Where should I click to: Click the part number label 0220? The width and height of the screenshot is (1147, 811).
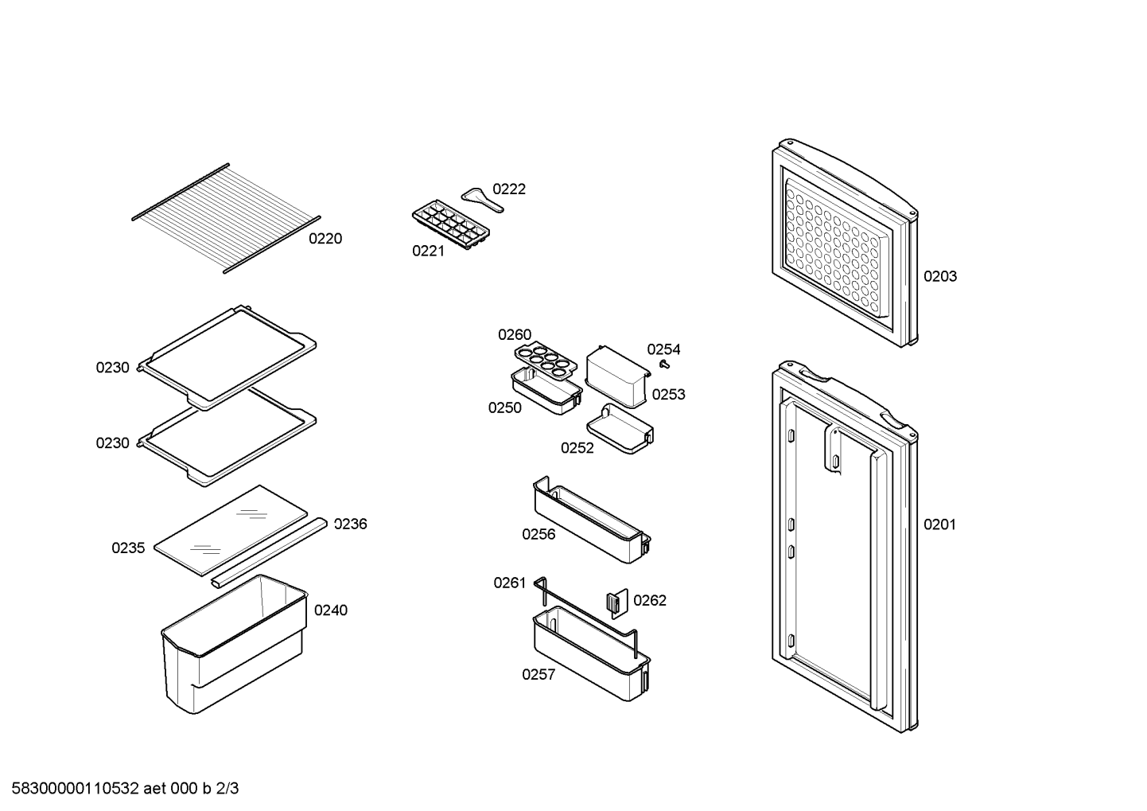click(325, 239)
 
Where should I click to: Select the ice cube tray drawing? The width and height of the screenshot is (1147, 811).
click(450, 224)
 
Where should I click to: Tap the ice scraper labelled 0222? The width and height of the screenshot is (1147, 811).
click(482, 200)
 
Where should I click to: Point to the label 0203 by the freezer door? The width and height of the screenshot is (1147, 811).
click(940, 277)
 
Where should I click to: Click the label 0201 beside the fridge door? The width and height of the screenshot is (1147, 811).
click(939, 524)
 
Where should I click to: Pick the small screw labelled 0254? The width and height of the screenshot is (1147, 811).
click(665, 364)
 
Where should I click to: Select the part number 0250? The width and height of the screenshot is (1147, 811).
click(505, 407)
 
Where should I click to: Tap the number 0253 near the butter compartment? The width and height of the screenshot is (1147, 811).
click(668, 395)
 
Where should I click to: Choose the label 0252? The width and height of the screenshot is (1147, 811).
click(577, 448)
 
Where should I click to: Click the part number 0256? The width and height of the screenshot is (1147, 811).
click(539, 534)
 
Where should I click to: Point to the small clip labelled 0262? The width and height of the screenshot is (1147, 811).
click(617, 603)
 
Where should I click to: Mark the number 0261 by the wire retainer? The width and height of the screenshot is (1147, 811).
click(510, 583)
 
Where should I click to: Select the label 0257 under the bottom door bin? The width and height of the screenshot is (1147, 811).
click(539, 675)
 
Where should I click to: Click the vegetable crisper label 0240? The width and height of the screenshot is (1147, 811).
click(331, 610)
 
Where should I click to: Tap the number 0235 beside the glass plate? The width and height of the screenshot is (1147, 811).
click(128, 548)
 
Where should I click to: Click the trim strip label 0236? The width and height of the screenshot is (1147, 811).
click(351, 524)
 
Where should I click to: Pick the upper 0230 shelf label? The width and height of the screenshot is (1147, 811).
click(113, 368)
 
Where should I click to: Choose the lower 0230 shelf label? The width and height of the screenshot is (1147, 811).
click(113, 443)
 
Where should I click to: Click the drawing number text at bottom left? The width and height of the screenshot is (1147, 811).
click(125, 789)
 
